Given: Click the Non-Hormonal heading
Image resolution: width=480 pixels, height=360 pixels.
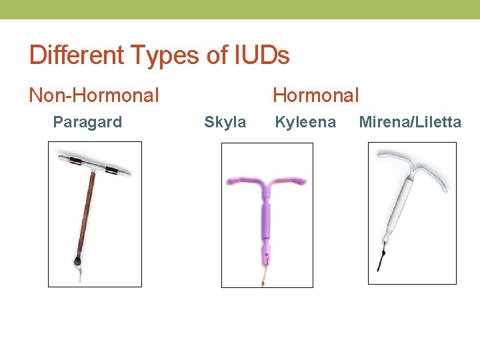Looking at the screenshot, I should pos(94,95).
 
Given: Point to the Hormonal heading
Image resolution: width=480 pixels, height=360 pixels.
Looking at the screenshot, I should pos(316,95).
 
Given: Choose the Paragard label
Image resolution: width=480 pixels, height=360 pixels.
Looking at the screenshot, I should pos(87,122).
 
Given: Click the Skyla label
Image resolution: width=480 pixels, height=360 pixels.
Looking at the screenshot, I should pos(225,122).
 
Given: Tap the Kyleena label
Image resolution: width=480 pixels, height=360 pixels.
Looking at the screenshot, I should pos(305,122).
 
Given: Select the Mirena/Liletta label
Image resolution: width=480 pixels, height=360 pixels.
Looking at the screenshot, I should pos(410,122).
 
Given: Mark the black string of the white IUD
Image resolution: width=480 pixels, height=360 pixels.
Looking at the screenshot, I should pos(381,261).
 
